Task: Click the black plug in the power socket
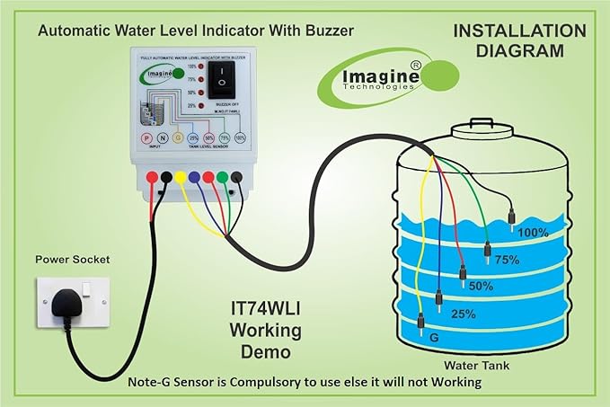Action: pyautogui.click(x=66, y=306)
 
